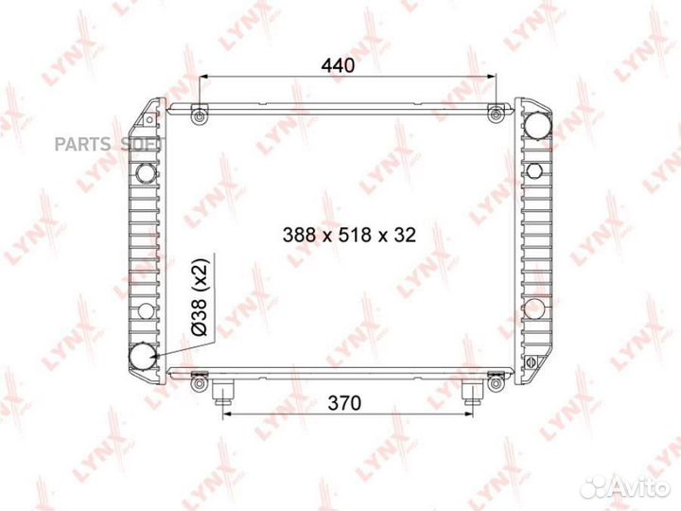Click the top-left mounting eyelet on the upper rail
[198, 115]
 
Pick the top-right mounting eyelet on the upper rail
[495, 115]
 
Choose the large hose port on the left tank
[145, 356]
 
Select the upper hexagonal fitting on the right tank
[534, 171]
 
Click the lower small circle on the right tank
[534, 308]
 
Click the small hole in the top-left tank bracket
[148, 119]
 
